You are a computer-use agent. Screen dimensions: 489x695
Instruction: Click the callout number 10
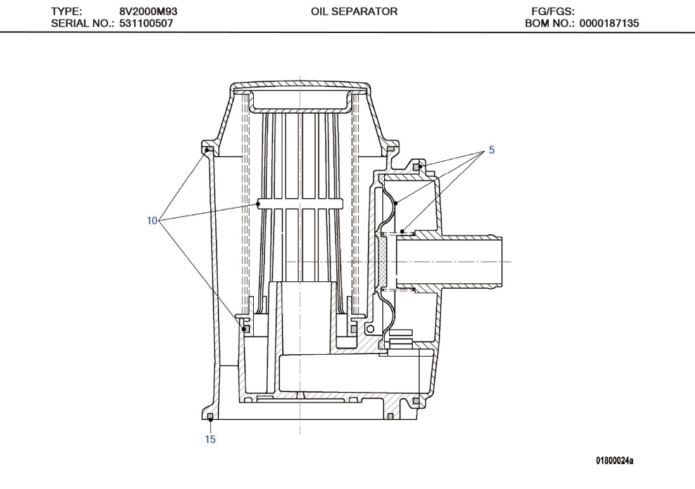coord(152,220)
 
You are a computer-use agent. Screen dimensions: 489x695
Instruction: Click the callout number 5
coord(491,150)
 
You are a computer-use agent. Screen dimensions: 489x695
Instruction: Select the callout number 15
coord(210,440)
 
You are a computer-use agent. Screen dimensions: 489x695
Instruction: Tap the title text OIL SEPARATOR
coord(354,11)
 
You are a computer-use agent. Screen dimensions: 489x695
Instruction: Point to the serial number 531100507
coord(147,23)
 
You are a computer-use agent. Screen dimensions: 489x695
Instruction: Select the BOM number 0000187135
coord(608,23)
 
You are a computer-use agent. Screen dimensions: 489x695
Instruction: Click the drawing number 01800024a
coord(614,460)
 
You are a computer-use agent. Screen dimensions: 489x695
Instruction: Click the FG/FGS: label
coord(553,11)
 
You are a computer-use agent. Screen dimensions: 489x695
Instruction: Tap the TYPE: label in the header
coord(66,11)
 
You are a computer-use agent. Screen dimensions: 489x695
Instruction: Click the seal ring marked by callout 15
coord(210,416)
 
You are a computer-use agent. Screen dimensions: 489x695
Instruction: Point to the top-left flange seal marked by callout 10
coord(207,149)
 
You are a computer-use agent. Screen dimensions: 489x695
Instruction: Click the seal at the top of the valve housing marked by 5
coord(417,167)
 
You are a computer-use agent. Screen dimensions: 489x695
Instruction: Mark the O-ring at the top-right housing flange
coord(391,149)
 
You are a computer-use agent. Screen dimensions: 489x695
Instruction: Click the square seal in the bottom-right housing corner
coord(416,402)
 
